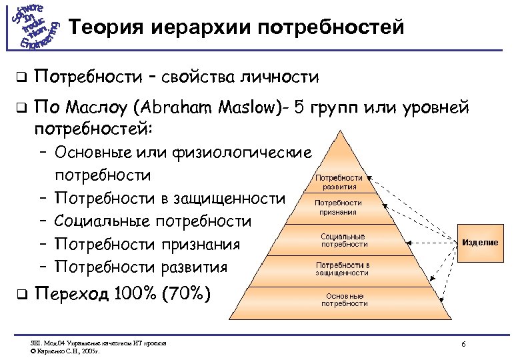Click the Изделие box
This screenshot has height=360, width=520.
(480, 242)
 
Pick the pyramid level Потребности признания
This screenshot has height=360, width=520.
(339, 207)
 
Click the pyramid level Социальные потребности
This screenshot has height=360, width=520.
(343, 240)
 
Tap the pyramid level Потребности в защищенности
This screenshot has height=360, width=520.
(343, 269)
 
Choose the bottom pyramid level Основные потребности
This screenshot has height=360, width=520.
(344, 299)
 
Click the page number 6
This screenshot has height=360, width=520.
(463, 343)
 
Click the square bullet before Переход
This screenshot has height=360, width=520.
(21, 294)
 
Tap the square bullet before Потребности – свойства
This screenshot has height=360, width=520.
(21, 78)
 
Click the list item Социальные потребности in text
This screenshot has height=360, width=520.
(153, 221)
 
